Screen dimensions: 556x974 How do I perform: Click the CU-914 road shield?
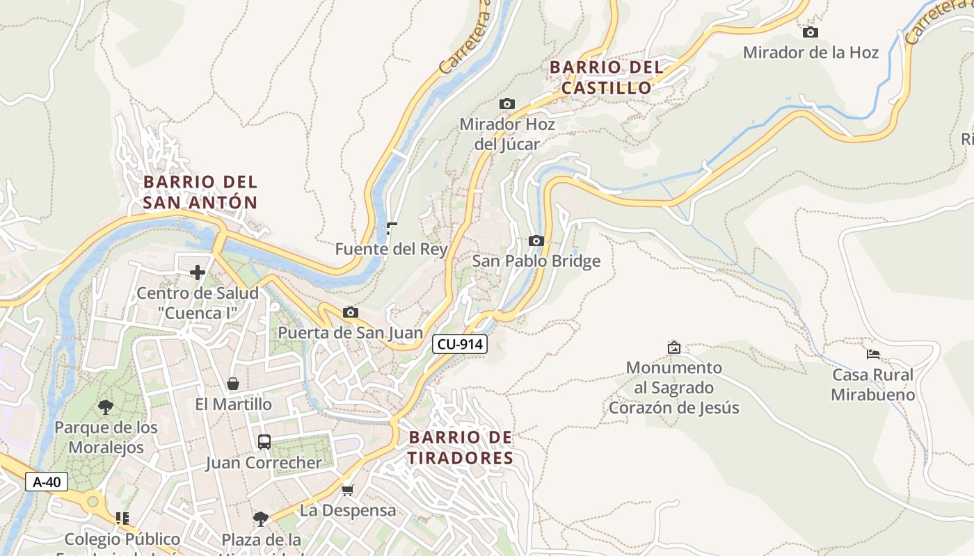459,343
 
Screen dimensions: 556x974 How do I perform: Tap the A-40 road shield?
47,482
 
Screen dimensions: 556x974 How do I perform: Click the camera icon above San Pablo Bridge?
536,240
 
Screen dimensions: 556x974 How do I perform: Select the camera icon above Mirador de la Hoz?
810,32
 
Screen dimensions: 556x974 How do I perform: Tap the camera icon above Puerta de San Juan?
351,312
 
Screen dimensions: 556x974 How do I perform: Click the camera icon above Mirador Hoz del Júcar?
507,104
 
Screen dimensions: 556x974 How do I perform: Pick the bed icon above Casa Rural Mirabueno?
873,354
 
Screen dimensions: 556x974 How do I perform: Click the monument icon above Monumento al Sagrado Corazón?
673,347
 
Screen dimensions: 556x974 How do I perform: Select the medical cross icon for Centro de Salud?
198,272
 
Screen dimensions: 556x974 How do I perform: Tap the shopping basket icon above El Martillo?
233,384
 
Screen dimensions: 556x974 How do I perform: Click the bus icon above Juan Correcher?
264,441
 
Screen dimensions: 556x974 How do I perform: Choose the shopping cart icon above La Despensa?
348,490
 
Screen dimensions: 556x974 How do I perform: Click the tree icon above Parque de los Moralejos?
106,407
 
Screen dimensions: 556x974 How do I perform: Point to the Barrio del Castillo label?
606,77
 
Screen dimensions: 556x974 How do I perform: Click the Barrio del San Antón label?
200,192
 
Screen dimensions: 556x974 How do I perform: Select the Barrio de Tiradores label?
461,448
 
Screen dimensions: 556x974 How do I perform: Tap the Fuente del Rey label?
391,249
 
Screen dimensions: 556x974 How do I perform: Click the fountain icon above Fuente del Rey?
392,228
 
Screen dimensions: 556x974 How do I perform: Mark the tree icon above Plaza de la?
261,518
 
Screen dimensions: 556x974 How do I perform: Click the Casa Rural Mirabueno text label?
873,385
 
